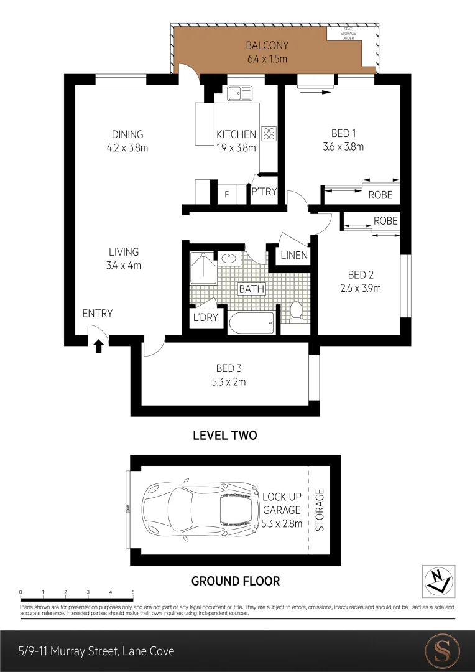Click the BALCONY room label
pyautogui.click(x=267, y=45)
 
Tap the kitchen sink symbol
pyautogui.click(x=239, y=94)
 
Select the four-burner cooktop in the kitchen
pyautogui.click(x=269, y=133)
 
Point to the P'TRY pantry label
pyautogui.click(x=264, y=192)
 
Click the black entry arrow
pyautogui.click(x=98, y=345)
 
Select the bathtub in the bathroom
pyautogui.click(x=251, y=322)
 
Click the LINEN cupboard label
pyautogui.click(x=294, y=256)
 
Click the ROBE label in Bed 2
pyautogui.click(x=385, y=221)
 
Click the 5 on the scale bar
pyautogui.click(x=133, y=592)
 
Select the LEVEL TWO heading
pyautogui.click(x=224, y=436)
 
